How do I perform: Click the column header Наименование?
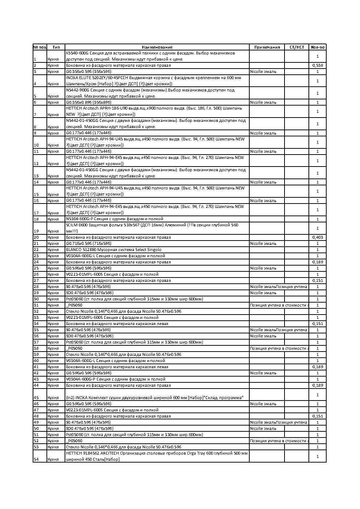point(157,47)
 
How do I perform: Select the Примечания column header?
point(267,47)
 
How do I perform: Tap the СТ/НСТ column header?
point(296,47)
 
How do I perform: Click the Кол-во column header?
point(318,47)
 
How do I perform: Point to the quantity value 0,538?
point(318,66)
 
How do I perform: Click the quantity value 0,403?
point(318,238)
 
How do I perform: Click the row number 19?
point(36,231)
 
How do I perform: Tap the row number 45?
point(36,398)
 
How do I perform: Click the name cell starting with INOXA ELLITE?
point(157,81)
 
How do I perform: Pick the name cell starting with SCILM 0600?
point(157,228)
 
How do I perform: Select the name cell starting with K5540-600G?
point(157,56)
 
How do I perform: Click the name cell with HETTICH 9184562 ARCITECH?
point(157,456)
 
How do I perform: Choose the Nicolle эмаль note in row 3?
point(263,72)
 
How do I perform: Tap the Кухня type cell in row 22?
point(53,250)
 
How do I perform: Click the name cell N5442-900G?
point(157,93)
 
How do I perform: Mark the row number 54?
point(36,459)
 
